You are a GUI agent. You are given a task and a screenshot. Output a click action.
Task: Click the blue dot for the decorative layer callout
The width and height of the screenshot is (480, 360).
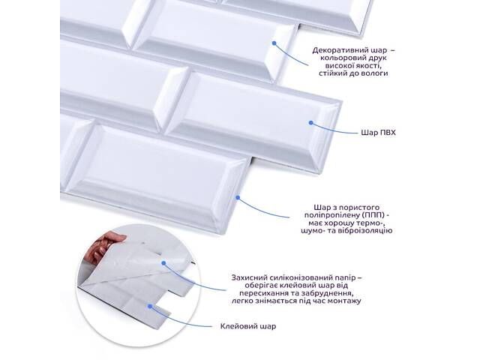tap(274, 43)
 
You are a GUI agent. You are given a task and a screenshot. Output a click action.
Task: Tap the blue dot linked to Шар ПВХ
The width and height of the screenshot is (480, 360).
tap(311, 123)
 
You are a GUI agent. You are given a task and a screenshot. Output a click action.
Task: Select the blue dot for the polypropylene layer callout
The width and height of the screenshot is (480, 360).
tap(238, 198)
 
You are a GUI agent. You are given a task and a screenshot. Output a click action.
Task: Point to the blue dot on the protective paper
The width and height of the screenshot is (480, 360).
tap(163, 263)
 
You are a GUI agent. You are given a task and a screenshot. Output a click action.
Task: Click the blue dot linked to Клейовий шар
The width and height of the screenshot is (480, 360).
tap(150, 306)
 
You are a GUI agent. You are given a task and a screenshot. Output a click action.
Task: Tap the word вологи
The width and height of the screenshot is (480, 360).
tap(376, 73)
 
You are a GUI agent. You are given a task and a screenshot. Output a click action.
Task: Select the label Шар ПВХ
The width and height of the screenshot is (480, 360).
tap(378, 133)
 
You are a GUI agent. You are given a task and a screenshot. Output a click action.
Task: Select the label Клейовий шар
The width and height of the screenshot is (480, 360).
tap(248, 326)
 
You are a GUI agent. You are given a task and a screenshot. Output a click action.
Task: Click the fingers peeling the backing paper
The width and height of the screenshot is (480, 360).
tap(109, 245)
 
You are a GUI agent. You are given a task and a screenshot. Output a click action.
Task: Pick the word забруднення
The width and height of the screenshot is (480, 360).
tap(332, 293)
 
